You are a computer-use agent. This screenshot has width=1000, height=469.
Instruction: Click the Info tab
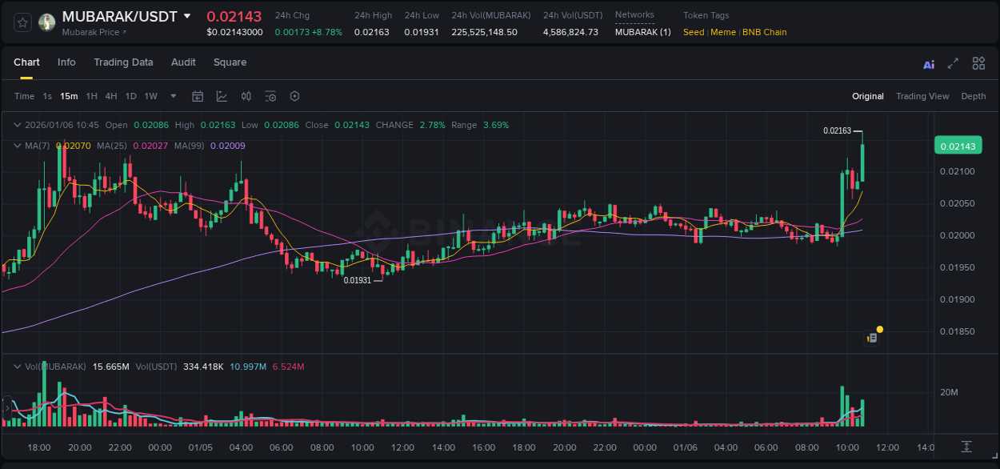tap(66, 62)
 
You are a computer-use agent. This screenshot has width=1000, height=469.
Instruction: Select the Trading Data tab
tap(123, 62)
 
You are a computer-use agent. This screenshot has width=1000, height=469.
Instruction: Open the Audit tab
tap(183, 62)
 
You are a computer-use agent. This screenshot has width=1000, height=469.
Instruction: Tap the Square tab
tap(230, 62)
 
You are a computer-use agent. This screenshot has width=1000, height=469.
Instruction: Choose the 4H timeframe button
tap(111, 96)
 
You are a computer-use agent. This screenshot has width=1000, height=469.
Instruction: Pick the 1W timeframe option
tap(150, 96)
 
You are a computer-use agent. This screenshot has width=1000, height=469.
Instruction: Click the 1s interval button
tap(47, 96)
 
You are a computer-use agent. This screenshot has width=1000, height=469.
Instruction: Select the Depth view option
tap(973, 96)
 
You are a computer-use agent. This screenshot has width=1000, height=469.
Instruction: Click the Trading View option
tap(922, 96)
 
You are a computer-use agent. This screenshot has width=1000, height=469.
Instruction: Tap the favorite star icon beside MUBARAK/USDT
tap(22, 22)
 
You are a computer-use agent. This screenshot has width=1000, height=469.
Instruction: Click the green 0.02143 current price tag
tap(957, 146)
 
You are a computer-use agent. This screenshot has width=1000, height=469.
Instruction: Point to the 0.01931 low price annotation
tap(358, 280)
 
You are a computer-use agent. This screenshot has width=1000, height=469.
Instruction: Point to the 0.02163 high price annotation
tap(837, 130)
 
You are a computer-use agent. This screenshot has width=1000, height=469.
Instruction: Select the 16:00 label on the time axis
tap(483, 447)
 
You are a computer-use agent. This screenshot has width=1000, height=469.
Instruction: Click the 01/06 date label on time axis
tap(685, 447)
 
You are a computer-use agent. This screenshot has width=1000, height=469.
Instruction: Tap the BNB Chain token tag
tap(764, 32)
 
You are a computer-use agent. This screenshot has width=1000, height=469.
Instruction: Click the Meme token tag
tap(722, 32)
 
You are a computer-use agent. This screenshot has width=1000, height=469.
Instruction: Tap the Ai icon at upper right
tap(928, 64)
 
